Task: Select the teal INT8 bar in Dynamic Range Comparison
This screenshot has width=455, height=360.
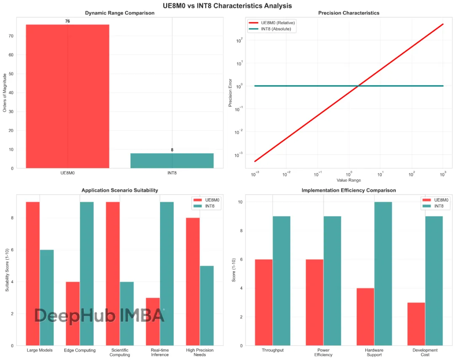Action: (172, 160)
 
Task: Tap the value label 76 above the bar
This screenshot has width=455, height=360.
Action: (67, 21)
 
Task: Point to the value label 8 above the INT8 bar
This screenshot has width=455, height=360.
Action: (172, 150)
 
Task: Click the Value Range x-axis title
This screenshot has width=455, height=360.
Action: (348, 180)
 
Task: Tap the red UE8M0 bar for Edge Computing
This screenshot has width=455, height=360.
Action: (73, 314)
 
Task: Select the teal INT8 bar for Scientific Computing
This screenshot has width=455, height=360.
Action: (127, 314)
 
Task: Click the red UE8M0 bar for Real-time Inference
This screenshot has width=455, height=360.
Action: (153, 322)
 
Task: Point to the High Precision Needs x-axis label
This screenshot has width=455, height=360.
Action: (200, 352)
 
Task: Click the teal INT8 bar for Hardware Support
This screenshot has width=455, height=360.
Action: (383, 274)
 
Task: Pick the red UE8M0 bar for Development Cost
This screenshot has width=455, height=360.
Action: (416, 324)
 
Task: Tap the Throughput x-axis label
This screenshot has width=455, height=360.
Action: (273, 350)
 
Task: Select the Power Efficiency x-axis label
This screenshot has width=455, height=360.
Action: (323, 352)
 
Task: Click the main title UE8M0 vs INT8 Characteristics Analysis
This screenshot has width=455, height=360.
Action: (227, 5)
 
